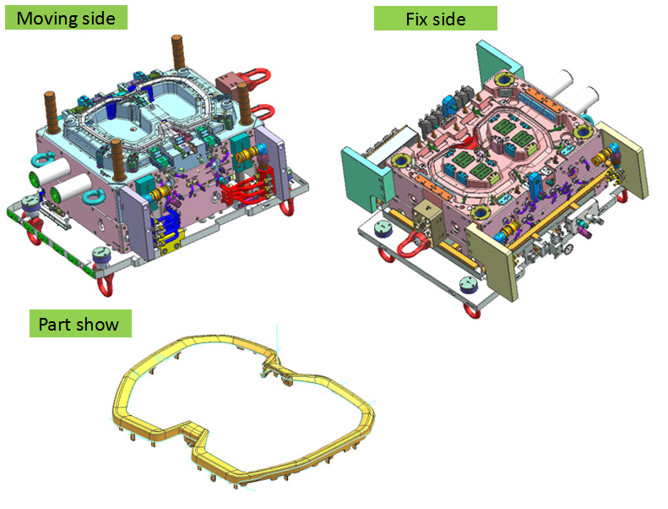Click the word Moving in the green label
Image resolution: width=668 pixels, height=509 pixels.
(x=42, y=19)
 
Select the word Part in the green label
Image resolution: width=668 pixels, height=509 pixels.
(x=54, y=325)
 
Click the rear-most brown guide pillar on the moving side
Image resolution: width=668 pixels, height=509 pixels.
(x=178, y=52)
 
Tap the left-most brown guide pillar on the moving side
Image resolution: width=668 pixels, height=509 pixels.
(x=52, y=112)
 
